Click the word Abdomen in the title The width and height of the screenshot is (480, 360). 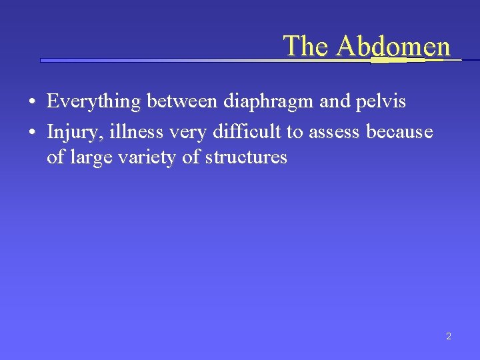[x=393, y=46]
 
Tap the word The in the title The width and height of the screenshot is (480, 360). [x=307, y=46]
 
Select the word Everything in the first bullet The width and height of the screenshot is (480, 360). [x=95, y=102]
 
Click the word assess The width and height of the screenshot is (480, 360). [x=333, y=132]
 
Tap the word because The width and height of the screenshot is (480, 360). [x=399, y=132]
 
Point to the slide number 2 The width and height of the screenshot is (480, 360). [x=448, y=337]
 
